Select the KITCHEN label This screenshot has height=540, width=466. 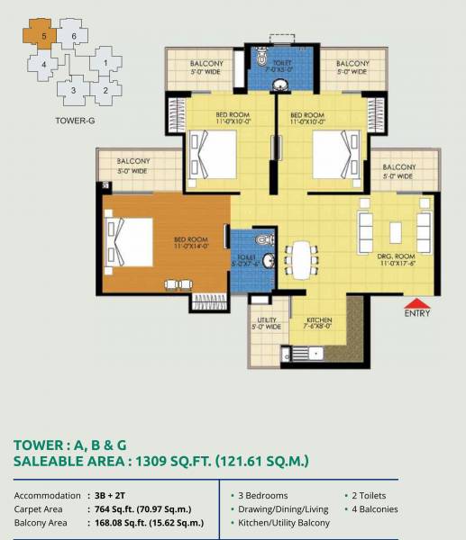coord(319,319)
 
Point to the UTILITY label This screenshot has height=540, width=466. coord(267,319)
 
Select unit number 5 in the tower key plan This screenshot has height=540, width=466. coord(41,37)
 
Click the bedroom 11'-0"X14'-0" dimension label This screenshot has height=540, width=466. coord(191,244)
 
